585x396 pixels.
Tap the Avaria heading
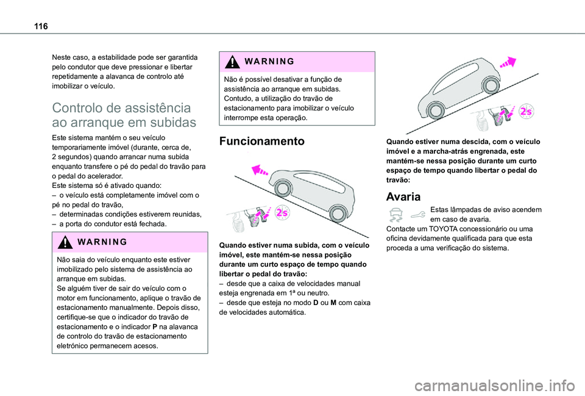point(403,197)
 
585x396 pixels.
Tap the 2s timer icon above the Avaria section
point(525,112)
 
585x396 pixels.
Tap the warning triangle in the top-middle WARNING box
point(231,61)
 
